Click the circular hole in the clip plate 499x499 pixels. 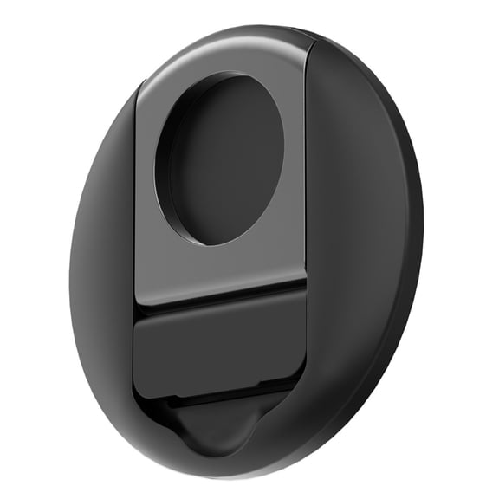tap(224, 160)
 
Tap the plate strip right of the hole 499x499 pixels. tap(293, 165)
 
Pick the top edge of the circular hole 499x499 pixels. tap(227, 75)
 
